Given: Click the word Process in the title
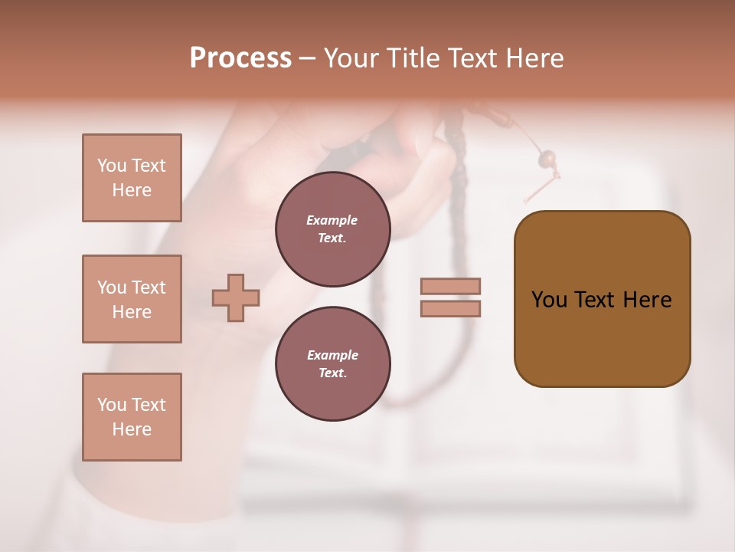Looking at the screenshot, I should [x=240, y=58].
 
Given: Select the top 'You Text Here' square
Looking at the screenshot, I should [x=132, y=178].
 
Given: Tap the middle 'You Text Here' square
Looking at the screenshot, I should [x=132, y=299].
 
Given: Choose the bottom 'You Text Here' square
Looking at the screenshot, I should [x=132, y=417].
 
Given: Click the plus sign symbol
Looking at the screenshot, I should [x=236, y=297].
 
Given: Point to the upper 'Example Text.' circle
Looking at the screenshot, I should [x=332, y=228].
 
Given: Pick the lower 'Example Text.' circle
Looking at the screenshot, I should [x=332, y=363].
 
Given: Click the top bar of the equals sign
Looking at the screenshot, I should [x=450, y=286].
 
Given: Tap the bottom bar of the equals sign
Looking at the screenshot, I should [x=450, y=308].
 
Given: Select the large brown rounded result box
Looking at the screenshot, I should [x=602, y=299].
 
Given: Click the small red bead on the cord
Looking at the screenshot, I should [x=547, y=159].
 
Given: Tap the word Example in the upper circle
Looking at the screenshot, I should [x=332, y=220].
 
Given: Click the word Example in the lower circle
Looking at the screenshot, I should [x=332, y=355].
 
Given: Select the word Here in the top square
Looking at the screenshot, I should [x=132, y=190].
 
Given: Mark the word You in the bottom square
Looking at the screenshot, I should [x=111, y=405].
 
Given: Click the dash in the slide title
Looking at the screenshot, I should [x=308, y=58].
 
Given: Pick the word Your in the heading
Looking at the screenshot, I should [x=351, y=58].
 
